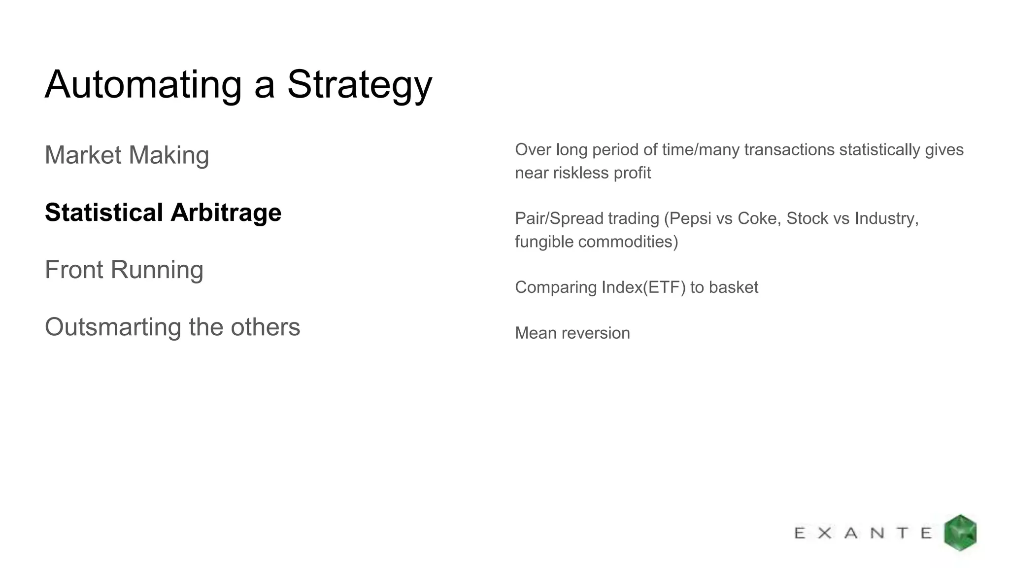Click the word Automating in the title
[143, 85]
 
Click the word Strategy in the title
[359, 85]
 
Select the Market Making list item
[127, 155]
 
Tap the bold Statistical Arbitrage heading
[163, 213]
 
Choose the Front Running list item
[124, 270]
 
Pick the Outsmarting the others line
[172, 327]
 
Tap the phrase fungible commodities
[596, 242]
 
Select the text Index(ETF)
[643, 287]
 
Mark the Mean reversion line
[572, 333]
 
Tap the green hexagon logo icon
[960, 532]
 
